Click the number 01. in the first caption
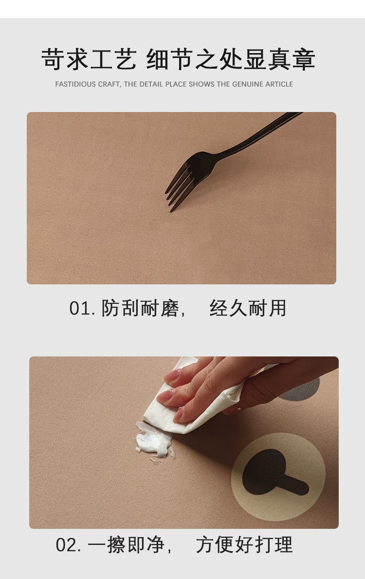click(82, 309)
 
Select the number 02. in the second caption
click(69, 545)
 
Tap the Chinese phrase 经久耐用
click(248, 309)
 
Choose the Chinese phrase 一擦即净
click(127, 545)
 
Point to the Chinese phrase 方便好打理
click(244, 545)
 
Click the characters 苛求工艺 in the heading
click(88, 60)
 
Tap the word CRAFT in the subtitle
click(109, 84)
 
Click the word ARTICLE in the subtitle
click(279, 84)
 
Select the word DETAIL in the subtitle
click(151, 84)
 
